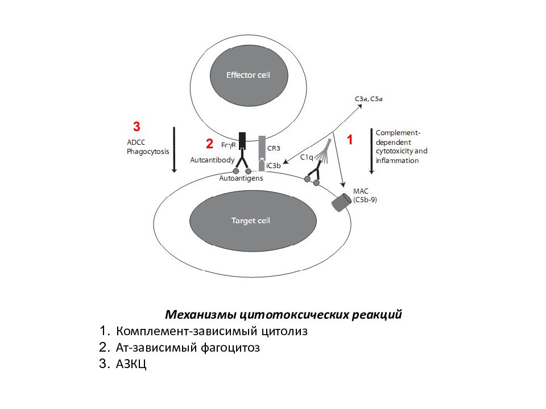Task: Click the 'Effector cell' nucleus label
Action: [x=248, y=75]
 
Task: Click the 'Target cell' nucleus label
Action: [x=251, y=220]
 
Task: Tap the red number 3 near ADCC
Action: [x=136, y=126]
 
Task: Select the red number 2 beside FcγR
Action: [x=209, y=144]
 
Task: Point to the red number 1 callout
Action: [x=350, y=140]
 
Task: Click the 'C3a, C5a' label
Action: [x=369, y=99]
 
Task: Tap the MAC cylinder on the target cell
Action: [x=341, y=202]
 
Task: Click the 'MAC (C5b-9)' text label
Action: [x=365, y=195]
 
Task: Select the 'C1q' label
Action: [x=307, y=157]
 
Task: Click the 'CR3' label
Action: [x=274, y=148]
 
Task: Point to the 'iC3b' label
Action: [x=274, y=165]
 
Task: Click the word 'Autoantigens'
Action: [x=241, y=178]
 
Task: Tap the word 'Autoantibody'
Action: [x=212, y=160]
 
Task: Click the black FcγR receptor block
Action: [x=242, y=140]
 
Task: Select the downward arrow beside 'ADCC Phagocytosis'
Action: [x=175, y=150]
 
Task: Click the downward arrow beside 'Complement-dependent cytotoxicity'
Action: [x=371, y=151]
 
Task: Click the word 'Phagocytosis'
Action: [x=148, y=152]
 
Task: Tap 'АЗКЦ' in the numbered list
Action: [x=131, y=364]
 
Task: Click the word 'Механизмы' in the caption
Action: [x=201, y=314]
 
